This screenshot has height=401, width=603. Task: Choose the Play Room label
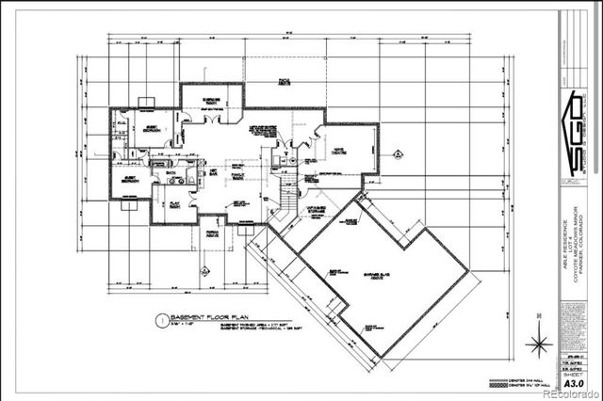pos(175,202)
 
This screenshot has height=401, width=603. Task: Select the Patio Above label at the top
pos(284,83)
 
